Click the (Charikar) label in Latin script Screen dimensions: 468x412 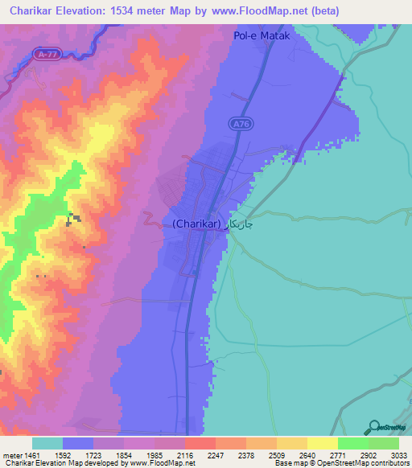[195, 224]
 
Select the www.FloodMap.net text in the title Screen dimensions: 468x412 [258, 11]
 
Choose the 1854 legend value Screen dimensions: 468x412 [125, 454]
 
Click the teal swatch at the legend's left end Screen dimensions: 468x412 [47, 443]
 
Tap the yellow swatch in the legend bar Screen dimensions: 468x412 [322, 443]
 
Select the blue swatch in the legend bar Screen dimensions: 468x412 [77, 443]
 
